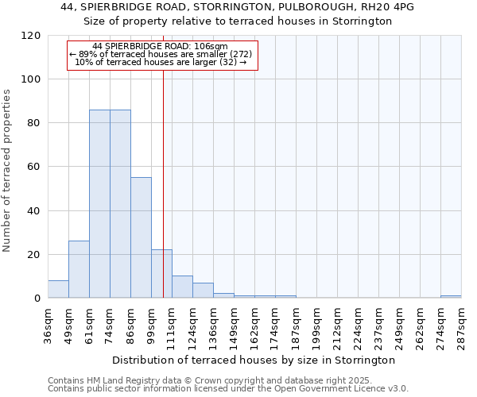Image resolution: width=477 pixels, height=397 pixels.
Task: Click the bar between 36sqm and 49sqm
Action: point(58,290)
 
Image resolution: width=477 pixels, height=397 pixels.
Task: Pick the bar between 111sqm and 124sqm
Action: point(182,287)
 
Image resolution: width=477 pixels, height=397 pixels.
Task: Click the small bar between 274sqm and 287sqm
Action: point(451,297)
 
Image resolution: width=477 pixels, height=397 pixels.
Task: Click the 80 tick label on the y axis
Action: point(32,123)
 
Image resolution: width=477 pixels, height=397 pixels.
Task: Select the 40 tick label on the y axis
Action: point(32,211)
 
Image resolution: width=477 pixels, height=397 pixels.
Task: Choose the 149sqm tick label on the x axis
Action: point(235,326)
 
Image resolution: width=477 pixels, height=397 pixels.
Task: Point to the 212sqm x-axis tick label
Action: point(338,326)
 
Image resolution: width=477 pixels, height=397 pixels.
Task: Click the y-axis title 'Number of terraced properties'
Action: point(7,170)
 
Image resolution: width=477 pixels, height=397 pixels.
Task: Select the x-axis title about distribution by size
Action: point(254,360)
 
